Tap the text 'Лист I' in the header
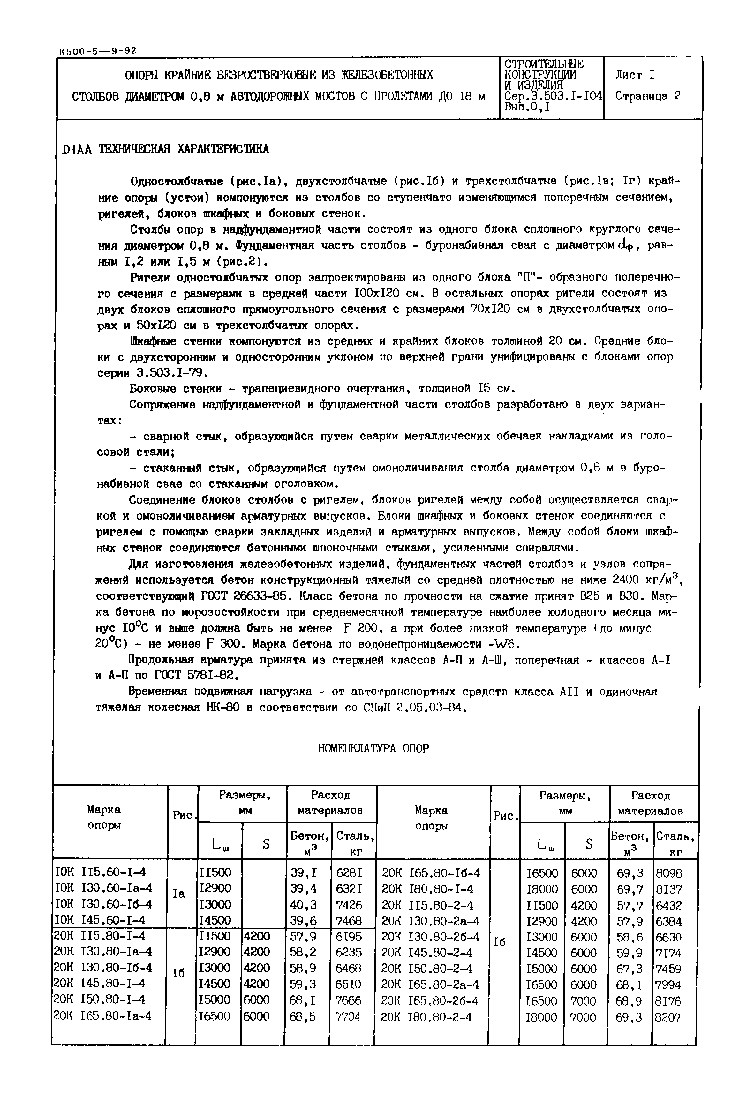point(635,75)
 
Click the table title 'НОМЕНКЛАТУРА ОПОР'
point(373,749)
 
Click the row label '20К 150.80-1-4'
point(100,999)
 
